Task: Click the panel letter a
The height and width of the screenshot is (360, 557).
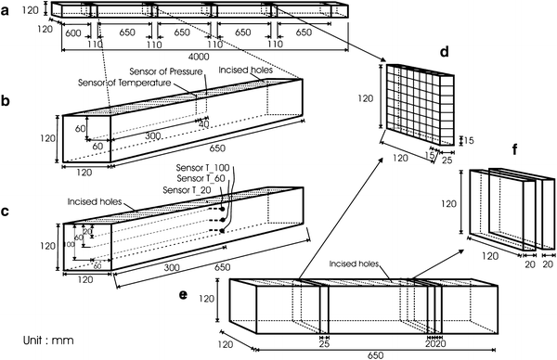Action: click(x=5, y=11)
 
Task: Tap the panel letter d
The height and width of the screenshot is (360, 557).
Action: click(x=445, y=52)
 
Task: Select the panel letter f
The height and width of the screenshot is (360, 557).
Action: click(x=516, y=149)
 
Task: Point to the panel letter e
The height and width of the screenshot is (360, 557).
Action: click(x=183, y=295)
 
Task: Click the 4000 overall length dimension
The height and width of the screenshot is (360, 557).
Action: click(x=199, y=57)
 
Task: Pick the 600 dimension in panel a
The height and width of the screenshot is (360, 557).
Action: click(x=73, y=33)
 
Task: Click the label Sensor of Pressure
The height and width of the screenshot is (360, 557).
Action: click(x=166, y=71)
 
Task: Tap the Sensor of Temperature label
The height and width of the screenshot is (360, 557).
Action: click(x=124, y=83)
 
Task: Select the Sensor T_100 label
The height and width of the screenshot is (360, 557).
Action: click(x=202, y=168)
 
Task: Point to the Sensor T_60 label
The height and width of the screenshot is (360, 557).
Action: click(x=201, y=178)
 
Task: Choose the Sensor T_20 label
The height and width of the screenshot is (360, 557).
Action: click(x=187, y=190)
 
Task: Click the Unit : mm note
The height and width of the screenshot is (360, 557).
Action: click(x=48, y=341)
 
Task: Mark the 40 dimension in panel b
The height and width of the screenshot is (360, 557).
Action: click(x=203, y=124)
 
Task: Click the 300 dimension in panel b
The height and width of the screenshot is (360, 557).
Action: click(x=153, y=136)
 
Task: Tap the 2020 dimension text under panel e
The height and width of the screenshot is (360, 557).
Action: click(x=435, y=343)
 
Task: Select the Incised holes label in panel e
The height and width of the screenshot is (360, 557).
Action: click(x=354, y=264)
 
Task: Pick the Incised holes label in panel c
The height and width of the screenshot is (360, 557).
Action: click(x=95, y=202)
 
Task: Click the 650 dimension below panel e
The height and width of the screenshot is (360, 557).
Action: click(x=375, y=355)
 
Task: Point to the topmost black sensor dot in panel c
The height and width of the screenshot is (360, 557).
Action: click(x=223, y=209)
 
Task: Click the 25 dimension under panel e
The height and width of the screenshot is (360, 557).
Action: click(x=324, y=343)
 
